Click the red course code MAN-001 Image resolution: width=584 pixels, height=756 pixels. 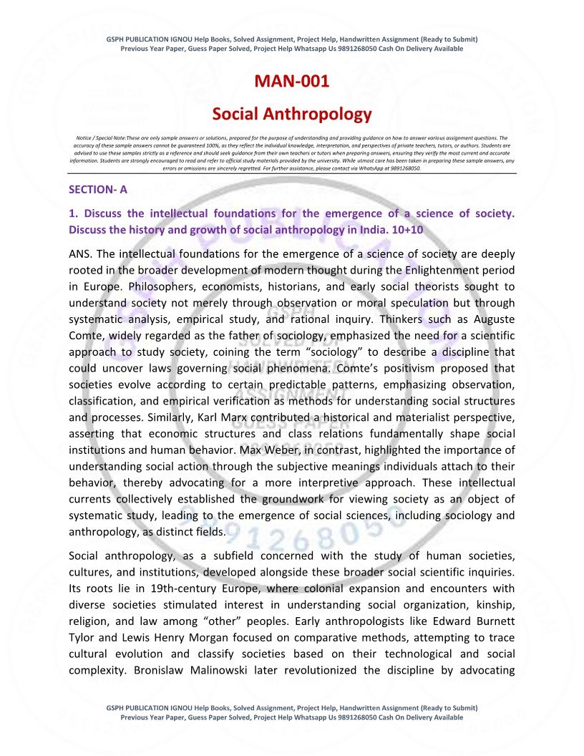tap(292, 82)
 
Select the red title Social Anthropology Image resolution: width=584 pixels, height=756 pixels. tap(292, 114)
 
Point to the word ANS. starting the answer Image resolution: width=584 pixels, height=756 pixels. tap(80, 253)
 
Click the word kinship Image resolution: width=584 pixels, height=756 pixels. tap(495, 605)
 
